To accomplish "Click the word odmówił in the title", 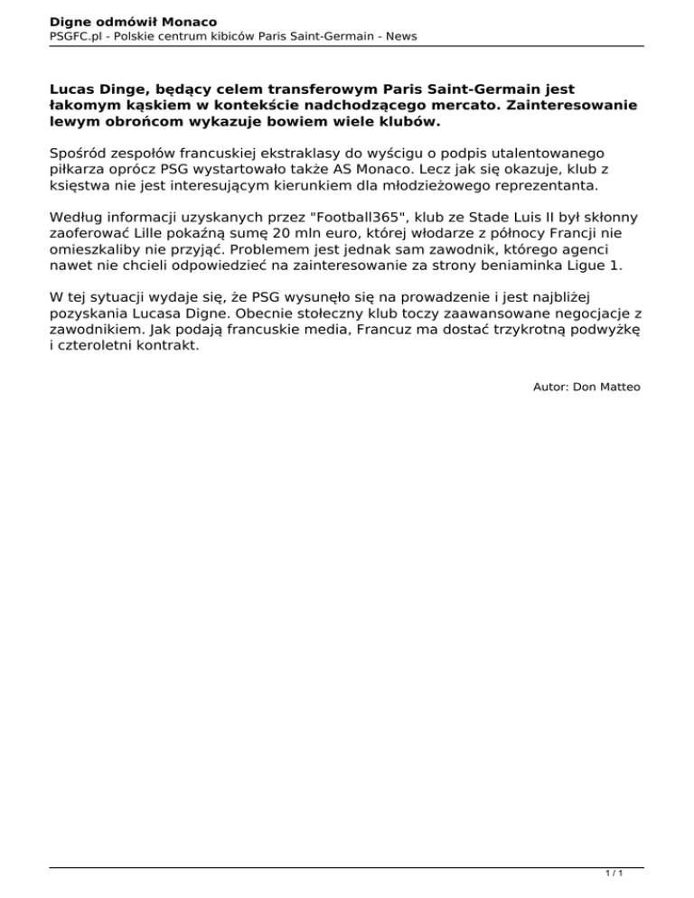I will click(x=121, y=20).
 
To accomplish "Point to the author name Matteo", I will click(x=619, y=387).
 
